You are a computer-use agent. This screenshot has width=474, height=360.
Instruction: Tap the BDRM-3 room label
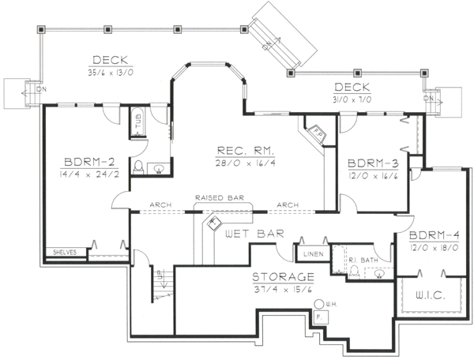point(372,163)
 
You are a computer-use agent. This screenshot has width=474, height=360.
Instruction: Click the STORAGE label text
point(283,278)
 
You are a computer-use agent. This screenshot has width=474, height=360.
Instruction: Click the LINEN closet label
point(311,253)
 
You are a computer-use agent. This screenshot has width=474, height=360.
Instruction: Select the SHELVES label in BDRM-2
point(64,253)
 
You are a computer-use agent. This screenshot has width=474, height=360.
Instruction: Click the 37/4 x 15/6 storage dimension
point(283,290)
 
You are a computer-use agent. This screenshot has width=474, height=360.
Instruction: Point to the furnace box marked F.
point(318,316)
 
